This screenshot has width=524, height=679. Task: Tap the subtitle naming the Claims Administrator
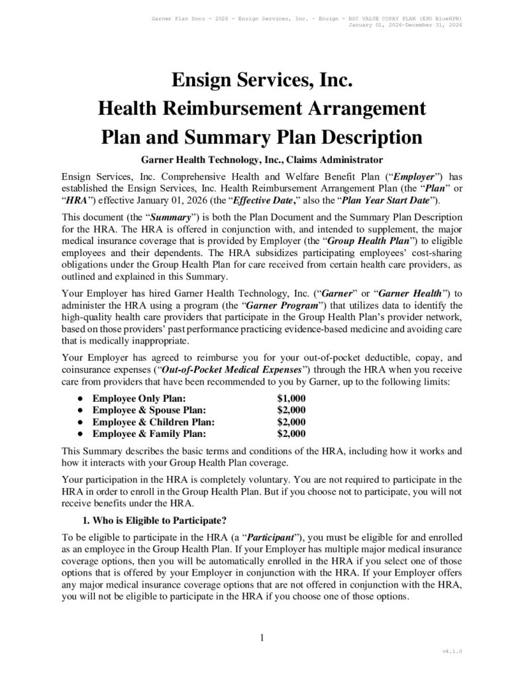pyautogui.click(x=262, y=160)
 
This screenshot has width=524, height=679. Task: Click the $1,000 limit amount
pyautogui.click(x=291, y=399)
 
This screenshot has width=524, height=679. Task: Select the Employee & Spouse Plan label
pyautogui.click(x=149, y=410)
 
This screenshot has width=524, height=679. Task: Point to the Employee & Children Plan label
pyautogui.click(x=153, y=422)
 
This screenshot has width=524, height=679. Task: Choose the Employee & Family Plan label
pyautogui.click(x=149, y=434)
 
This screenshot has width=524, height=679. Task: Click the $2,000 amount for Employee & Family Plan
pyautogui.click(x=291, y=434)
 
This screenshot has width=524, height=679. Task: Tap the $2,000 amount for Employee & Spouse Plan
pyautogui.click(x=291, y=410)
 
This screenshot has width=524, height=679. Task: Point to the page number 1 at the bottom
pyautogui.click(x=262, y=639)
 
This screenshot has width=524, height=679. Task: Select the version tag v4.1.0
pyautogui.click(x=452, y=652)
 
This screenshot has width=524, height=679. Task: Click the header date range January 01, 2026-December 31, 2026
pyautogui.click(x=404, y=25)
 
